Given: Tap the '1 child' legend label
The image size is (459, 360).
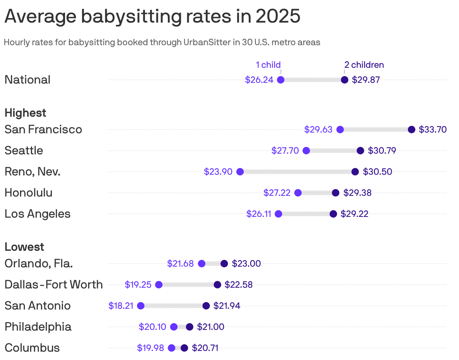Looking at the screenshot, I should tap(268, 65).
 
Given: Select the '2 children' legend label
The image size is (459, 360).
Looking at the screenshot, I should tap(364, 65).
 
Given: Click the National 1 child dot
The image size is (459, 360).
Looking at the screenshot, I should tap(281, 80).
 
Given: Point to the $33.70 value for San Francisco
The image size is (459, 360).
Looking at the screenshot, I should tap(433, 130).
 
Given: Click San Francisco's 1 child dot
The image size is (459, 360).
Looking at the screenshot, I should tap(340, 130).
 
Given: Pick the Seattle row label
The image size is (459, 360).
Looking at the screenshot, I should tap(24, 151).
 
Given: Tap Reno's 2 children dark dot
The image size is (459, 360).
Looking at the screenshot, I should tap(355, 172).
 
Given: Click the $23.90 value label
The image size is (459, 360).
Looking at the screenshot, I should tap(218, 172).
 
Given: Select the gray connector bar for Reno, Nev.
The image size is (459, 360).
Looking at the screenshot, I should tap(297, 172).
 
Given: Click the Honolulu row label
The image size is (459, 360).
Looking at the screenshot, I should tap(29, 193).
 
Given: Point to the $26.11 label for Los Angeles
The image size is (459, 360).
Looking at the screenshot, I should tap(259, 214).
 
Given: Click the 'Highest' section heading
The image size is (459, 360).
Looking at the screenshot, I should tap(25, 113).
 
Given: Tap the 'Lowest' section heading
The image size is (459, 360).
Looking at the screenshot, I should tap(24, 247).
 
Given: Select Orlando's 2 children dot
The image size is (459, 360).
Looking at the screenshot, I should tap(224, 264).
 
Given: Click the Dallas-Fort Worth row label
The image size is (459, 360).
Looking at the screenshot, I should tap(53, 285).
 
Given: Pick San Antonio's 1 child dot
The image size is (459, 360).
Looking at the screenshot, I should tap(141, 306).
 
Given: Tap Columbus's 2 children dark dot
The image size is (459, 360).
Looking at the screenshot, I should tap(184, 348).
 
